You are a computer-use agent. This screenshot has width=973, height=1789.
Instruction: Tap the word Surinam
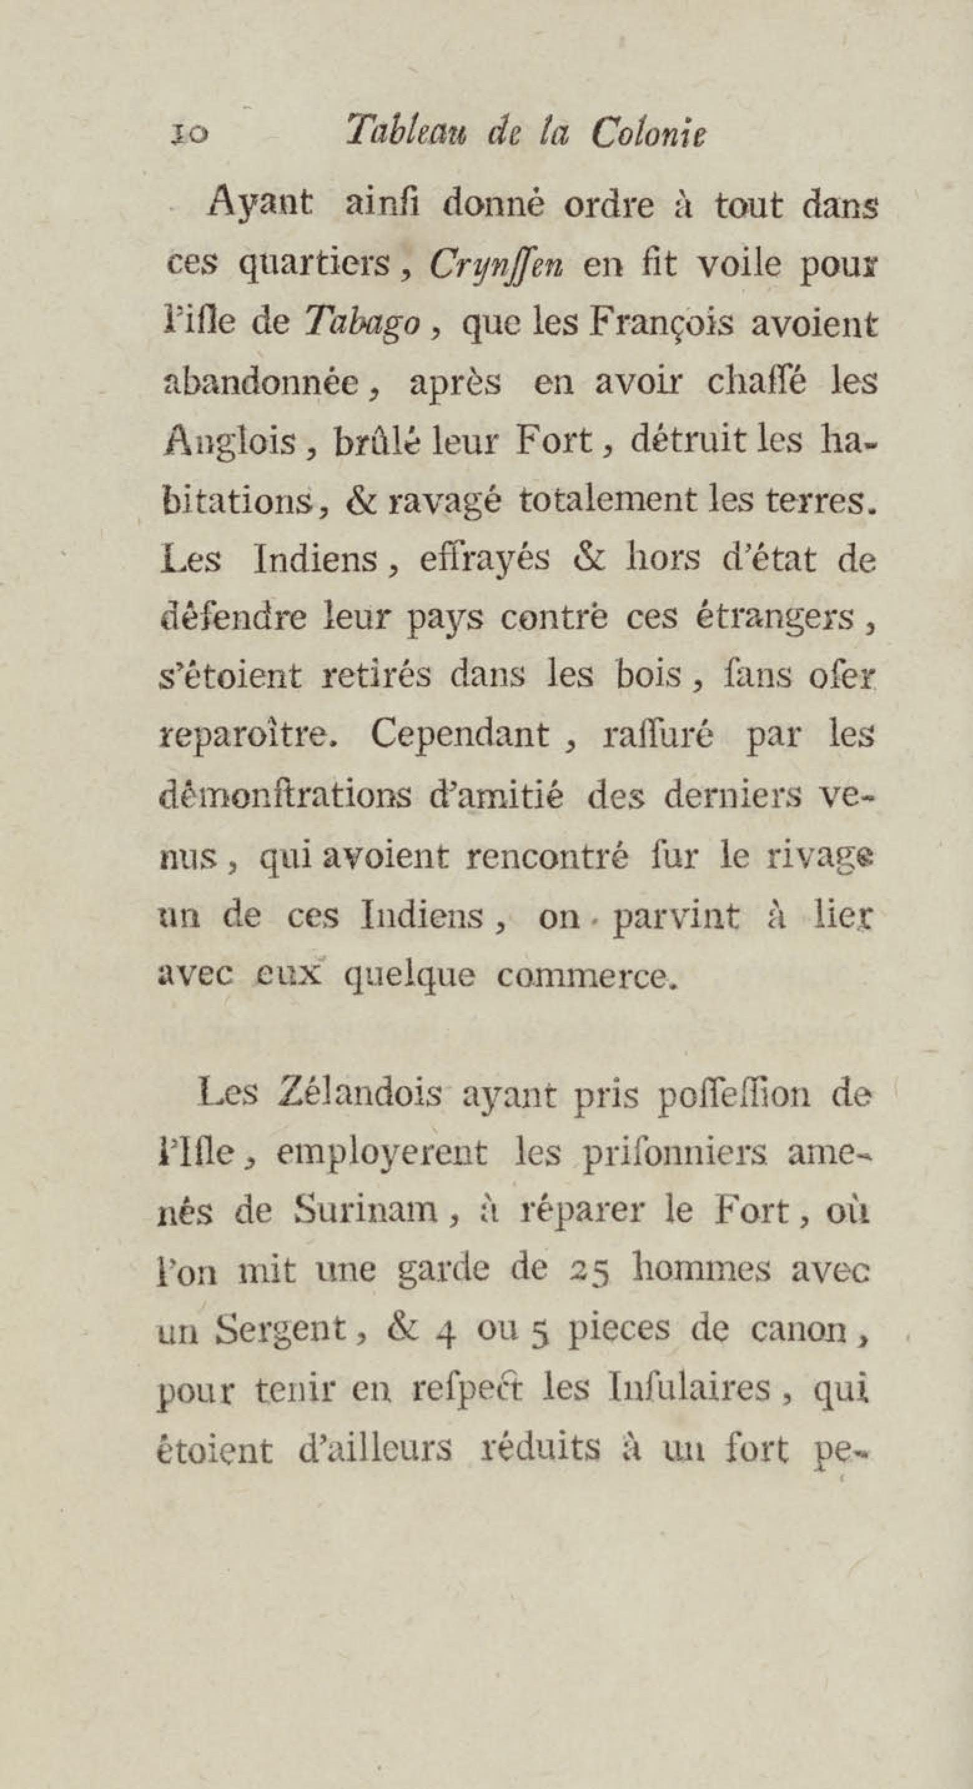coord(365,1213)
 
